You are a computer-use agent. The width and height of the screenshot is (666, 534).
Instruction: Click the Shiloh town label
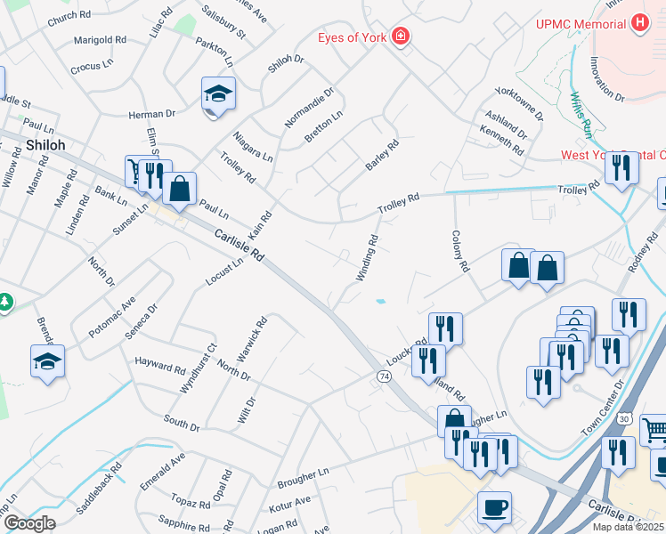pos(45,144)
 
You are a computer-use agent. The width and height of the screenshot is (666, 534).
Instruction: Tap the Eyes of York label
pos(354,37)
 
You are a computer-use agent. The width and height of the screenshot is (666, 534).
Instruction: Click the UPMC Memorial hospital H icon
pos(638,23)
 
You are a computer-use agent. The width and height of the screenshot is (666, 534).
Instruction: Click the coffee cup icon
pos(494,507)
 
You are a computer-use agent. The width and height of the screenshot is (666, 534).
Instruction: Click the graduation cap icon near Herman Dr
pos(217,93)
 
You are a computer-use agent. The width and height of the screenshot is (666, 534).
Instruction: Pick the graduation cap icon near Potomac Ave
pos(47,361)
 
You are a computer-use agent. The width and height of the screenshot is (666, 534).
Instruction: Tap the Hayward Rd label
pos(160,365)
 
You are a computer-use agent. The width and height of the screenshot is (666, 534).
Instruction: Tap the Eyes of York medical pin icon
pos(402,36)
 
